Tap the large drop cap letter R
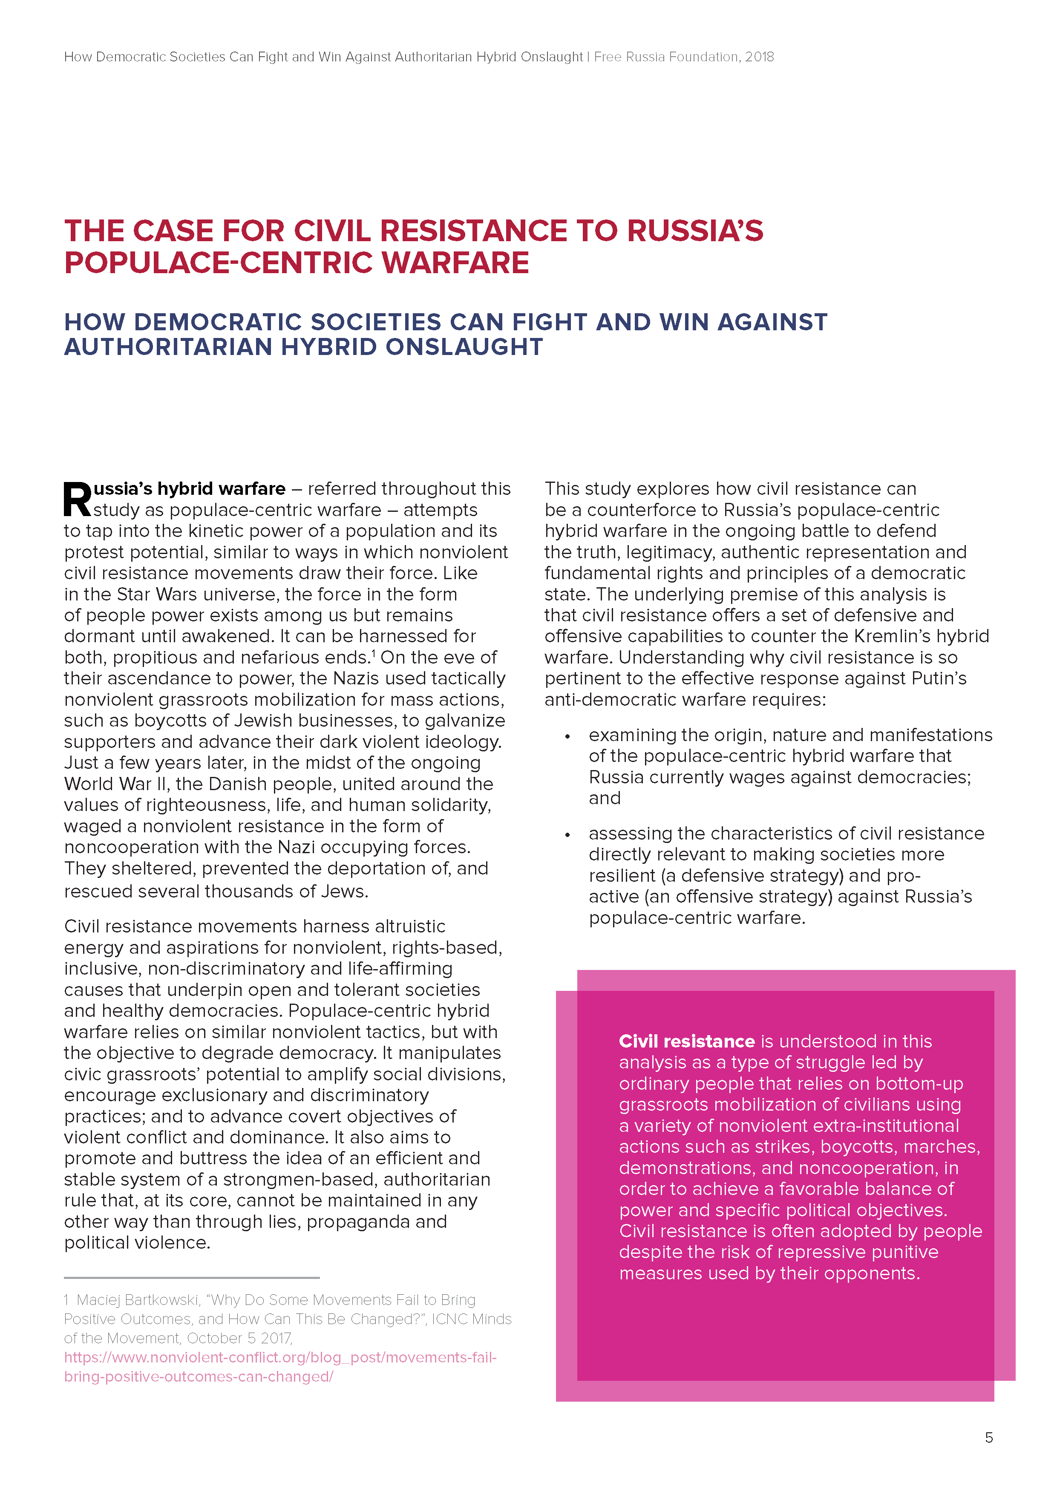78,500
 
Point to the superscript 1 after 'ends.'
374,652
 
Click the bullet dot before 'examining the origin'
567,736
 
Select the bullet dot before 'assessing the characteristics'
567,835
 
